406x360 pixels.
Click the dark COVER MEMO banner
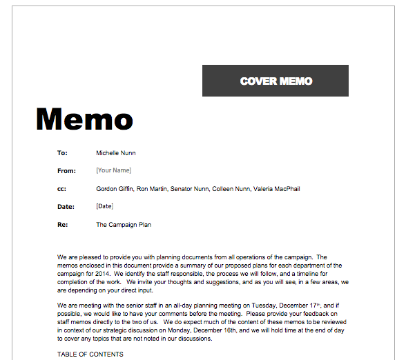(x=275, y=81)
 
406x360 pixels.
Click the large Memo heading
(x=84, y=119)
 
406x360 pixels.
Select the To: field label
(x=62, y=152)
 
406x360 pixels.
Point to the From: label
(x=66, y=170)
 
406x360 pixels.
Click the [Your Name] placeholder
(x=114, y=170)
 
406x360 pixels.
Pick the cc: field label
(x=61, y=188)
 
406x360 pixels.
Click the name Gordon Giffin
(x=115, y=188)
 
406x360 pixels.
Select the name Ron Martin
(x=152, y=188)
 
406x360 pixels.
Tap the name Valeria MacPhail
(x=277, y=188)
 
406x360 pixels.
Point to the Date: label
(x=66, y=206)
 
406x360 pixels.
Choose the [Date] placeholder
(x=104, y=206)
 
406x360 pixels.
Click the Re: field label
(x=61, y=224)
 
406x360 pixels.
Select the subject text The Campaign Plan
(x=124, y=224)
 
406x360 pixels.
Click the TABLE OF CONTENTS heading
(x=90, y=354)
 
